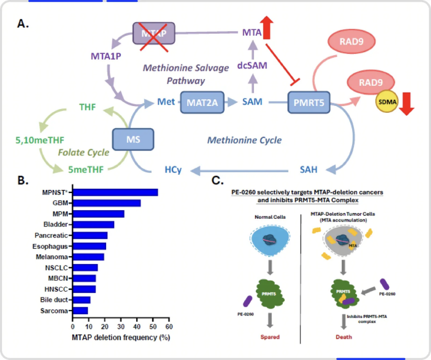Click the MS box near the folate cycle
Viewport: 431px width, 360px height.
coord(133,138)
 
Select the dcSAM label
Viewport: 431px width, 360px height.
coord(253,66)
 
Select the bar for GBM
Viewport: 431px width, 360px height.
coord(107,203)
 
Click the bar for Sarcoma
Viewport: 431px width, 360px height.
coord(80,311)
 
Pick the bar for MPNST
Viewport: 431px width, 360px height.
coord(115,192)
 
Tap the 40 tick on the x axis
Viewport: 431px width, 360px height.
coord(137,326)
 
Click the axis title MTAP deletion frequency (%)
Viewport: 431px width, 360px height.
coord(121,337)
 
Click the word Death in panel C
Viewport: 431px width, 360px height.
coord(344,337)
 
